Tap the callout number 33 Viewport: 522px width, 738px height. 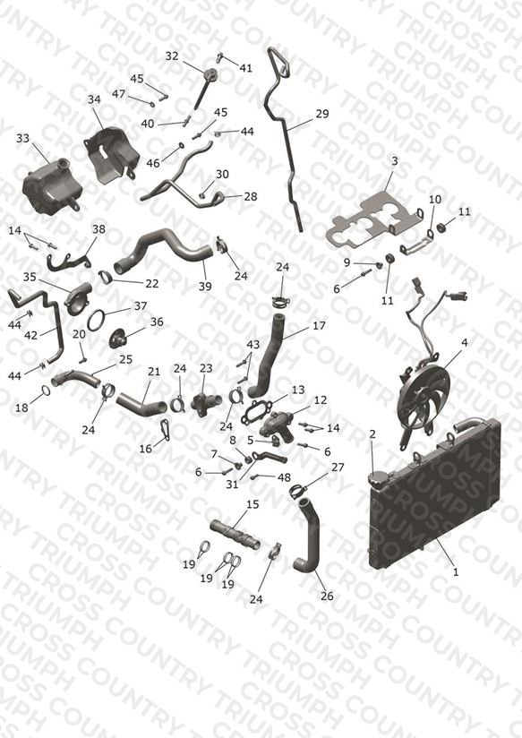[22, 138]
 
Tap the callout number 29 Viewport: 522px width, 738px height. [322, 114]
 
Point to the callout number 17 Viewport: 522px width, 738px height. [319, 325]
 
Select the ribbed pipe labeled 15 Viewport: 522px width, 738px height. [235, 536]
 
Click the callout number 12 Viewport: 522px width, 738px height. [321, 400]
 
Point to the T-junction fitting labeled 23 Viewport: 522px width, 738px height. [206, 402]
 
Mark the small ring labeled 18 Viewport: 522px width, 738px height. [46, 390]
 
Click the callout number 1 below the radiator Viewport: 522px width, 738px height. [455, 572]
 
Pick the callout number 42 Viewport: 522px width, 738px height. [30, 335]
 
